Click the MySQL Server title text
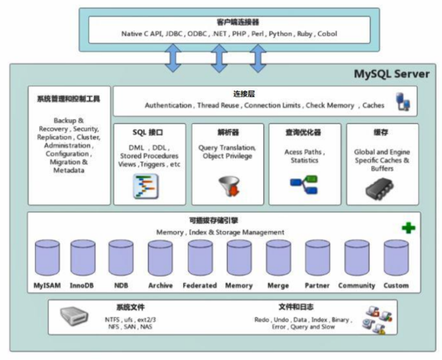click(392, 74)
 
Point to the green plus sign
click(408, 228)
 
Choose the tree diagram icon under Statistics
click(304, 184)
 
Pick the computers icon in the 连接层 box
click(403, 101)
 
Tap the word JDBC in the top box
click(173, 34)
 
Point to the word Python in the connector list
click(280, 34)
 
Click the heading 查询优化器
click(304, 133)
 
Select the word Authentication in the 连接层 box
click(168, 106)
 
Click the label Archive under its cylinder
click(160, 285)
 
